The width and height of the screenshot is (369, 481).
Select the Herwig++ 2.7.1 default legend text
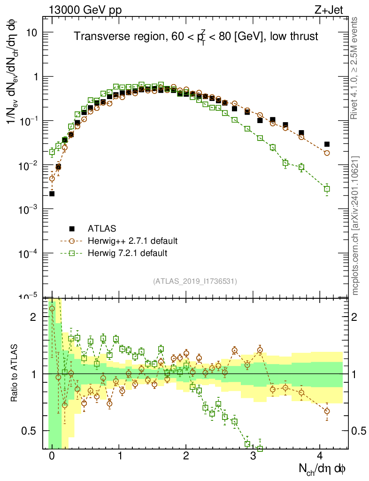132,241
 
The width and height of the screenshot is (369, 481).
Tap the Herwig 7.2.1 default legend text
128,253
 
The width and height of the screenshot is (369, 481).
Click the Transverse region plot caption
196,36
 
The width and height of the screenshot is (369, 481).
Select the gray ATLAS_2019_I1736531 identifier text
195,281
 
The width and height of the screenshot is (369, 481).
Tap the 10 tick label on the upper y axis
32,32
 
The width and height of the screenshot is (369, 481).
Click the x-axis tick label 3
253,456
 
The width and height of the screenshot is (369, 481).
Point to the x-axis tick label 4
320,456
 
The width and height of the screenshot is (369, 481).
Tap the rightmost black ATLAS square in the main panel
327,144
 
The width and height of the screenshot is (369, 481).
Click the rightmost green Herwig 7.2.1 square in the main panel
327,189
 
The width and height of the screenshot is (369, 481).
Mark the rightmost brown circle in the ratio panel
327,411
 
